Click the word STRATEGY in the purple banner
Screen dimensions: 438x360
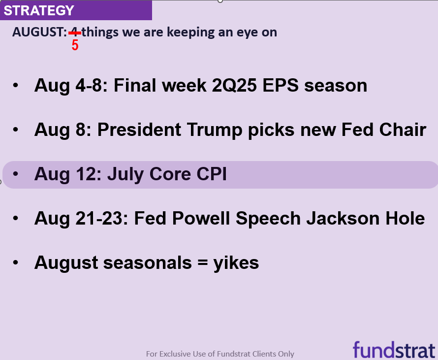point(39,10)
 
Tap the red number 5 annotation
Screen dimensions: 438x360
point(75,45)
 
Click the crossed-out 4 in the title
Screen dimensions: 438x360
point(75,33)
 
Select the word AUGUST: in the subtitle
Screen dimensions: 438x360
point(39,32)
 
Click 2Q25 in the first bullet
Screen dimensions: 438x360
point(234,85)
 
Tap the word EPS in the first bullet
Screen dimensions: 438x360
point(281,85)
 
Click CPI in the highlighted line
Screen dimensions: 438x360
point(212,174)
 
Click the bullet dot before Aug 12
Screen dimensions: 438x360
point(16,174)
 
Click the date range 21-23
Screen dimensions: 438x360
point(102,218)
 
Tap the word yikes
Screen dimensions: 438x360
point(236,263)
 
